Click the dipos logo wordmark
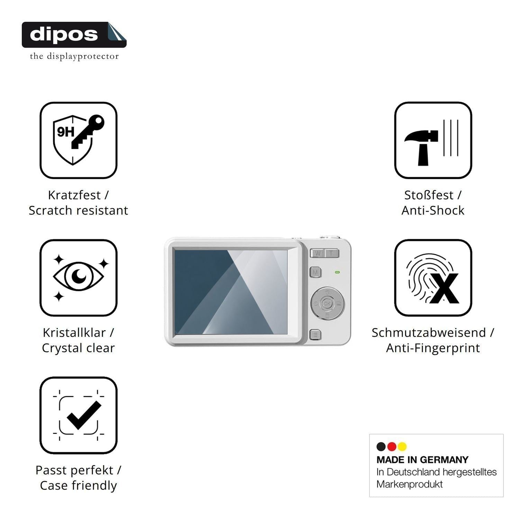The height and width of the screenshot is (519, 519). point(64,35)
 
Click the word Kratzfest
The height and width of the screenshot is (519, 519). point(74,195)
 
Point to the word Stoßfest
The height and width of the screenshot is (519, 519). point(429,195)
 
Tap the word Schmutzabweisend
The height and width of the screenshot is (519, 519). point(429,333)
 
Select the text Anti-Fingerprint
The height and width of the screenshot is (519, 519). point(433,348)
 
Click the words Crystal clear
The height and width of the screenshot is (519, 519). point(79,348)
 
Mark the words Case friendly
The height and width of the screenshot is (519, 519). point(79,485)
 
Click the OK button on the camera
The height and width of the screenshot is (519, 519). point(327,303)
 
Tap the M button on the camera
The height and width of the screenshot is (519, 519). point(315,272)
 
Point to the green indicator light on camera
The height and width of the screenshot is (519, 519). point(337,272)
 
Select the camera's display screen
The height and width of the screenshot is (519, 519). point(231,292)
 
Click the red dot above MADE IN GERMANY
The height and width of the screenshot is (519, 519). point(392,447)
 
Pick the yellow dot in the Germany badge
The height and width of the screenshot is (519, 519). point(402,447)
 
